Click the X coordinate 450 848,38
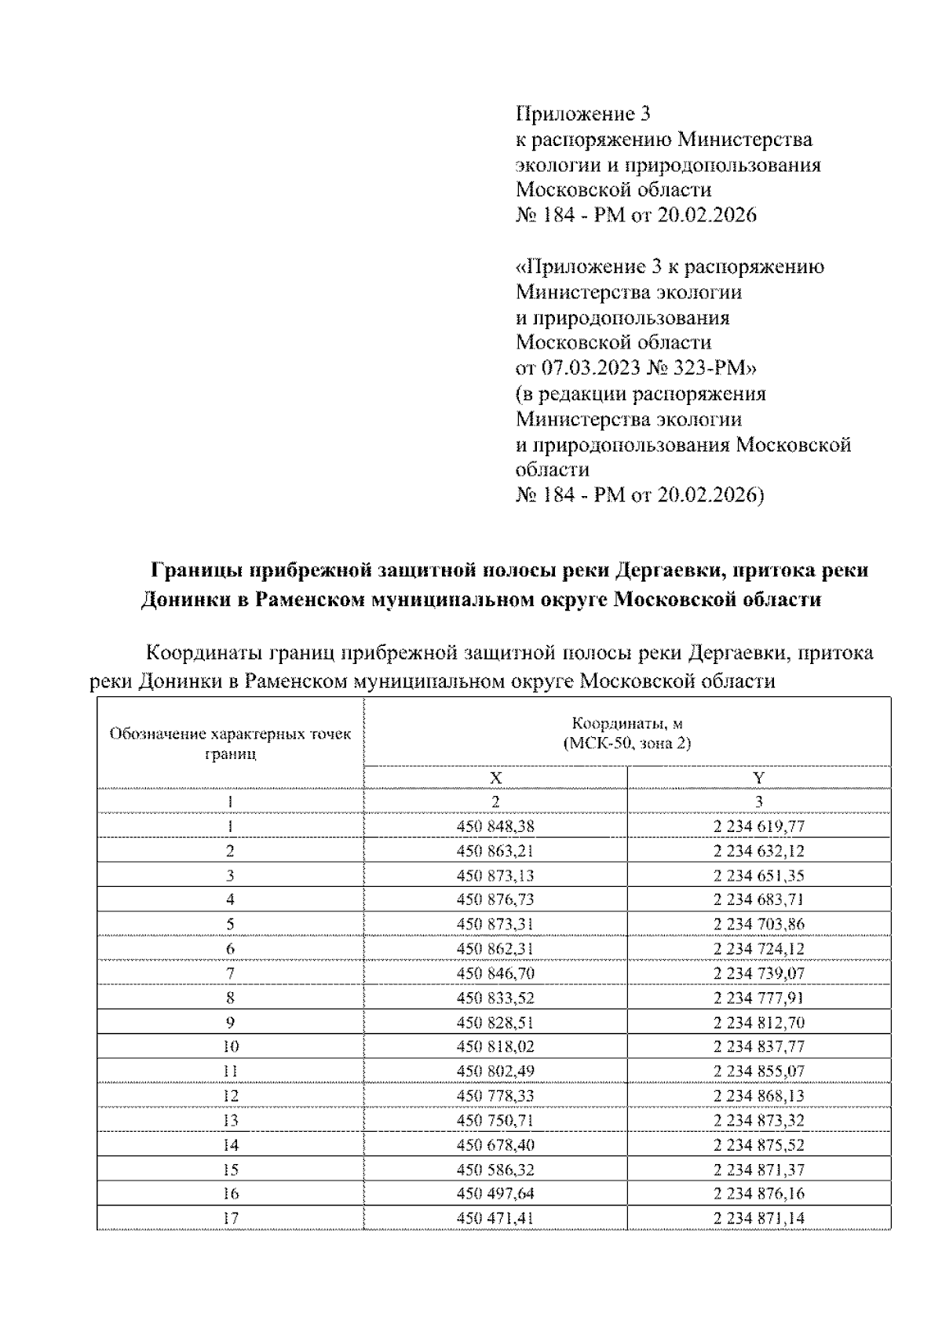coord(495,826)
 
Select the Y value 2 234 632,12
coord(759,851)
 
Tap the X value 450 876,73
coord(495,900)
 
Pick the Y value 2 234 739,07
coord(759,973)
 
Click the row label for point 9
coord(230,1023)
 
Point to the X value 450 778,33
coord(495,1096)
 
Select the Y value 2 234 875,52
coord(759,1144)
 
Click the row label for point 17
coord(230,1218)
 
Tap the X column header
coord(495,778)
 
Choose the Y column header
coord(759,778)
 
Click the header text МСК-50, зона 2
coord(627,743)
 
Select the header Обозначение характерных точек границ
coord(230,743)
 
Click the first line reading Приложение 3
coord(583,115)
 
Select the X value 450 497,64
coord(495,1194)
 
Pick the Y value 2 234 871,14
coord(759,1218)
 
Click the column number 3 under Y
coord(759,801)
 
